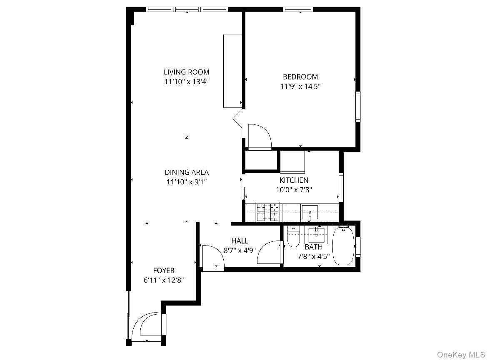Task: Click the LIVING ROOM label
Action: click(x=186, y=72)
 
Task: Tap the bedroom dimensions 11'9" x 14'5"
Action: click(x=300, y=87)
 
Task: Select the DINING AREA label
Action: click(x=186, y=172)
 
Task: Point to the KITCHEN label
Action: click(x=294, y=180)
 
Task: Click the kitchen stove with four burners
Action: click(x=267, y=211)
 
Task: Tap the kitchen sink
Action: click(x=310, y=212)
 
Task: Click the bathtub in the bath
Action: click(x=343, y=246)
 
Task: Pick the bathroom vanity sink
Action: click(x=317, y=235)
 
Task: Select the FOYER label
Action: click(x=163, y=271)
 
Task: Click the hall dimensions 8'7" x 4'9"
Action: click(x=240, y=251)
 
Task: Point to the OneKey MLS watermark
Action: click(x=460, y=354)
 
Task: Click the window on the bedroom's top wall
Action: click(x=298, y=9)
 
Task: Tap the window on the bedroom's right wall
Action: click(x=358, y=107)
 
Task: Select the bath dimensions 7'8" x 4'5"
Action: click(x=313, y=257)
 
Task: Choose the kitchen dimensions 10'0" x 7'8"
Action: click(x=294, y=190)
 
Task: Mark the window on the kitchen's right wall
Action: click(x=341, y=187)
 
